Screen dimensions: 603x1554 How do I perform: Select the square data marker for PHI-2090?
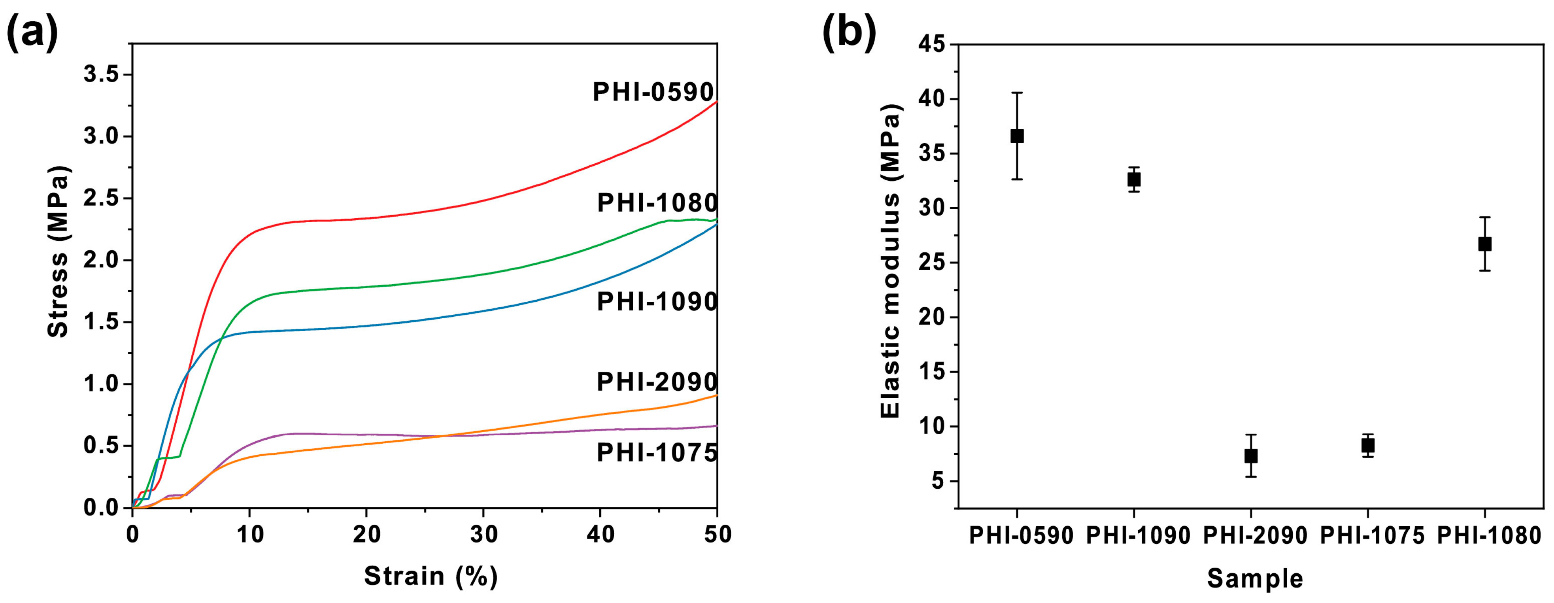click(1250, 456)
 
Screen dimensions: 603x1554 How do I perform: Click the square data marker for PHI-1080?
click(1485, 244)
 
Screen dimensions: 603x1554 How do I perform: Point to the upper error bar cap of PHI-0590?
click(1017, 93)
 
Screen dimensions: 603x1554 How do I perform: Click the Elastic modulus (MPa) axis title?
click(891, 261)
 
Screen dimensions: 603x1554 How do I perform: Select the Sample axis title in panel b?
click(1255, 578)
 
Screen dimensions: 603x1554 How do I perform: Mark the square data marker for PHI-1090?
click(1134, 179)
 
